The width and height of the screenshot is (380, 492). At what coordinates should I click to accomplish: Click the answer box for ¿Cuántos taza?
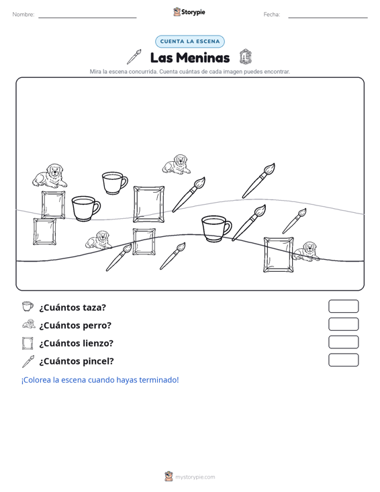[343, 306]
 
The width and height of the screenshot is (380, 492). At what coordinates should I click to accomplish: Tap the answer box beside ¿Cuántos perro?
[343, 324]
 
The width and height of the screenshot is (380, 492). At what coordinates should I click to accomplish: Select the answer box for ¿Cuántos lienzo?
[343, 342]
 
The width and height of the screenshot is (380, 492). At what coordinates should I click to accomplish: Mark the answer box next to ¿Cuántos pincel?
[343, 360]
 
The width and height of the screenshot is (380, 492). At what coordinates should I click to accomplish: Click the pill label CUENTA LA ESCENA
[190, 42]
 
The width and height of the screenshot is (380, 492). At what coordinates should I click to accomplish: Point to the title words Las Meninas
[190, 58]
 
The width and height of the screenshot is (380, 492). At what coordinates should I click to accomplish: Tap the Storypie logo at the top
[189, 12]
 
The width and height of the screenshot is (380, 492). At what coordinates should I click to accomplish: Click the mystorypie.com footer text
[195, 477]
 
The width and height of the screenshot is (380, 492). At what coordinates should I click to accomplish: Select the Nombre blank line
[87, 17]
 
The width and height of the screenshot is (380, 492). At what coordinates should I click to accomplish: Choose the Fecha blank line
[328, 17]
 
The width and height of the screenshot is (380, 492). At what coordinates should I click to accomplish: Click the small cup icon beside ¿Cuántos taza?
[28, 306]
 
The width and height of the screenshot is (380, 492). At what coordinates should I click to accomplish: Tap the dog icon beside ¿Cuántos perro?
[29, 324]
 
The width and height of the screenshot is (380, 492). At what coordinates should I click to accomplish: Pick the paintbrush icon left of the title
[134, 57]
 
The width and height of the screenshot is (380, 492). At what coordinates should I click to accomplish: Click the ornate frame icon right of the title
[245, 57]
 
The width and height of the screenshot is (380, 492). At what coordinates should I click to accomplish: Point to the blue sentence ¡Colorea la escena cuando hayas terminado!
[100, 380]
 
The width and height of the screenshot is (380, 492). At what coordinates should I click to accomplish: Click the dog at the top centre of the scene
[176, 164]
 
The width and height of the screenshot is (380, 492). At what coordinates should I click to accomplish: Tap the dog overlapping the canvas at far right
[305, 251]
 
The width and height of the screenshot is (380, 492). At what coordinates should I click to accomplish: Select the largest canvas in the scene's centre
[149, 204]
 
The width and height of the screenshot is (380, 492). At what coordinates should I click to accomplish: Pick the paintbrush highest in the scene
[258, 181]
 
